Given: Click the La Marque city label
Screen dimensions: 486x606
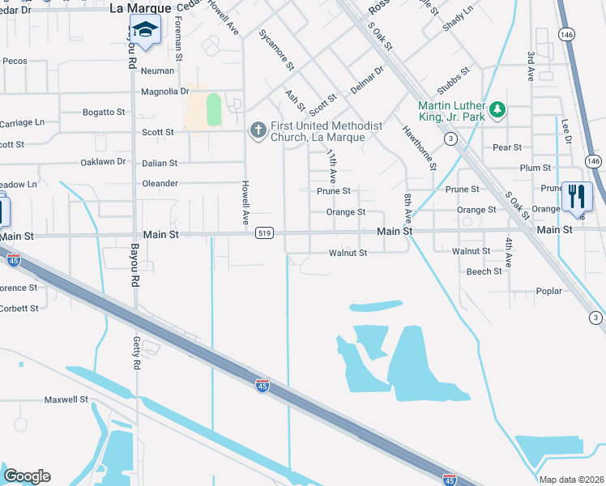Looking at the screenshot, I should click(x=141, y=8).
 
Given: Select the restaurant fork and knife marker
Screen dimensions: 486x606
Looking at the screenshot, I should click(x=577, y=196).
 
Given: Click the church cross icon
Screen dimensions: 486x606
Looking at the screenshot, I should click(x=258, y=130).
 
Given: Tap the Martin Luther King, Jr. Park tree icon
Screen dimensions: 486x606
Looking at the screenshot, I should click(x=497, y=109).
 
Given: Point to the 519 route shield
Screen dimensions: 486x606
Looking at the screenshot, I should click(x=263, y=233).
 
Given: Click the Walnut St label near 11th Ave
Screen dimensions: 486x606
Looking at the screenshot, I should click(x=348, y=253).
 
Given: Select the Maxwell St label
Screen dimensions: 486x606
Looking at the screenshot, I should click(x=66, y=399).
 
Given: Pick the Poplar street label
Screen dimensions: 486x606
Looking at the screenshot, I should click(x=548, y=291).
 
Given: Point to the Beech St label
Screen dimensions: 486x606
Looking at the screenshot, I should click(x=484, y=271).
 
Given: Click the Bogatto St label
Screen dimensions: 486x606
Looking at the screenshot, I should click(x=105, y=112).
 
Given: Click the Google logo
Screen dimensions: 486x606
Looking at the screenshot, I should click(x=27, y=476).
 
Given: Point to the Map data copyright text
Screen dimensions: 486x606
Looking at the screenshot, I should click(x=570, y=480).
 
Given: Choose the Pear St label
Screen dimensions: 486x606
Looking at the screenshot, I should click(x=507, y=147).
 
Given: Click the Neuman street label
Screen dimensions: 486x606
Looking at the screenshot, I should click(x=157, y=71).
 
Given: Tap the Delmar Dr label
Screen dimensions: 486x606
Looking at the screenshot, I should click(x=366, y=82).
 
